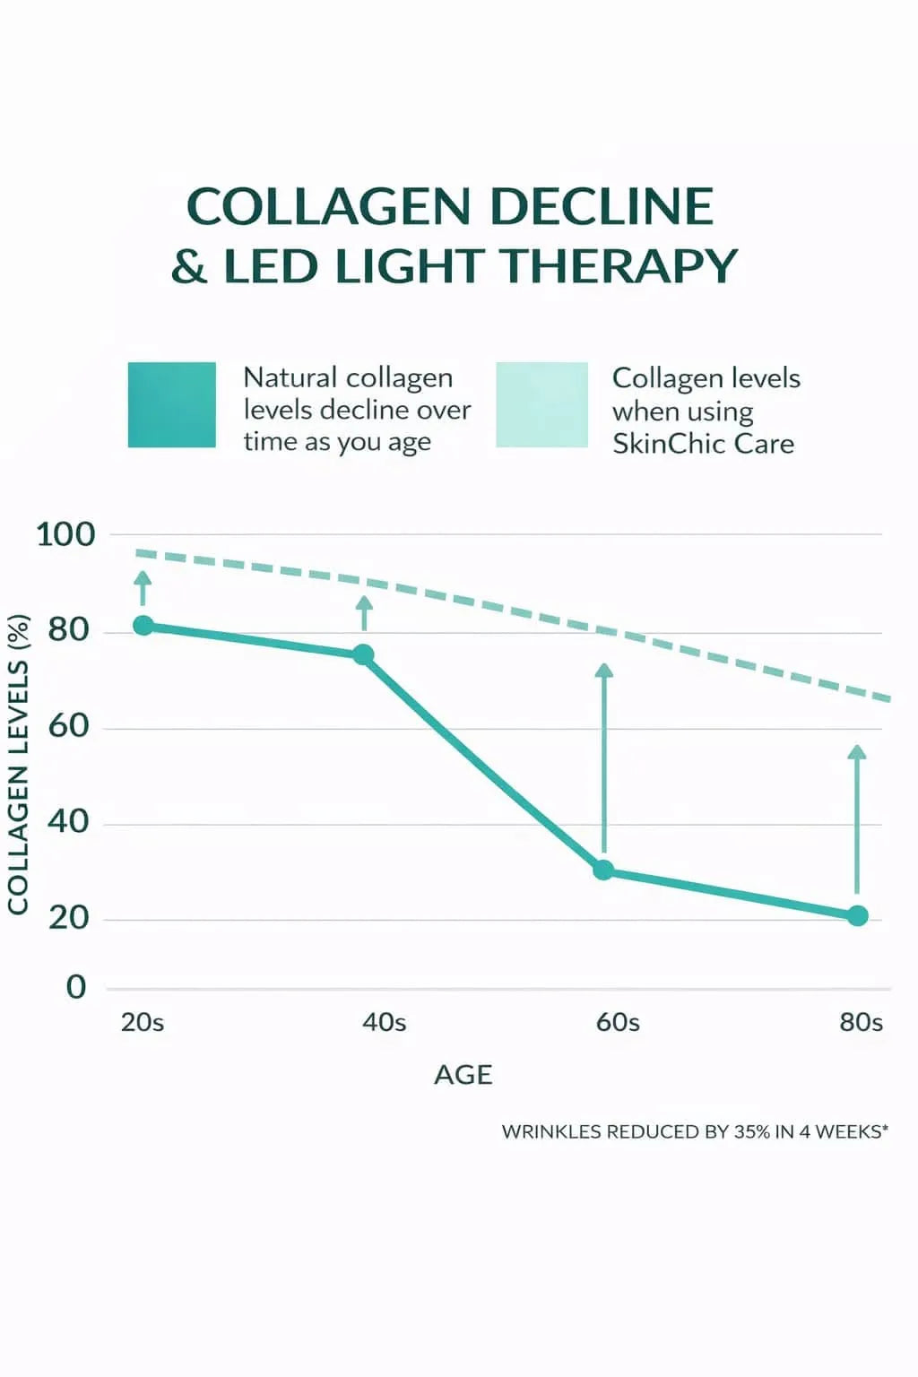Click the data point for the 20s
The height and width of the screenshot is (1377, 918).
143,626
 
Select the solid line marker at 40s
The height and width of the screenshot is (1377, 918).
363,654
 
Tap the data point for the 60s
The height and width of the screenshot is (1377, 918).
603,870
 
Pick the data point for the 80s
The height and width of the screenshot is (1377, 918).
857,915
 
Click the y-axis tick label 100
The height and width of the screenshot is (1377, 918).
65,534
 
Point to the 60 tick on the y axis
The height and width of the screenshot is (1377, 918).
69,725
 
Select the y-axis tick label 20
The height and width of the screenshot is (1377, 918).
69,917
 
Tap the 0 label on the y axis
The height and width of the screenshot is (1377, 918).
76,987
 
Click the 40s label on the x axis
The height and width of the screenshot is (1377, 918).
384,1022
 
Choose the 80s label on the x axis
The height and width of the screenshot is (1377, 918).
861,1022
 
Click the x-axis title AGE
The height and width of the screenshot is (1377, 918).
463,1075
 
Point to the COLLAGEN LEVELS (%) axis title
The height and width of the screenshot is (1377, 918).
18,764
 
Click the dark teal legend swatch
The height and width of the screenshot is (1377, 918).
171,404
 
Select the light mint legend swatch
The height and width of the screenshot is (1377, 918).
541,404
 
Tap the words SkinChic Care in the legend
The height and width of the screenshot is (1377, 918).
703,444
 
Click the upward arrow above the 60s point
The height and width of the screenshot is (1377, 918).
604,758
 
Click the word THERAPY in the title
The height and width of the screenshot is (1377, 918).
618,266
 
